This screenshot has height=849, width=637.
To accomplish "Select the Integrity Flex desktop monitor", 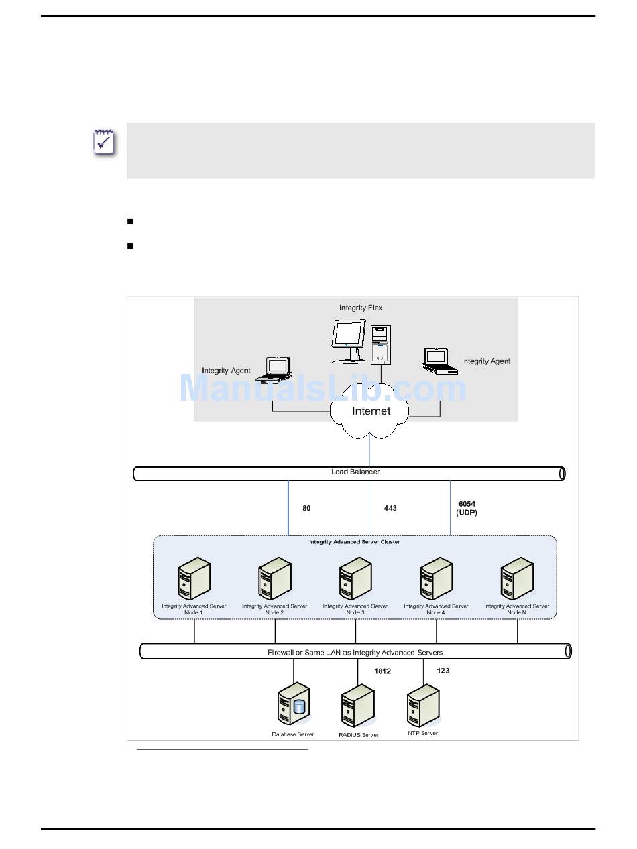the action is pos(349,341).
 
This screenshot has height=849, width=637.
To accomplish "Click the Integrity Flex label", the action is pos(360,308).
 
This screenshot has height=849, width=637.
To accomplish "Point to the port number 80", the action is pos(306,508).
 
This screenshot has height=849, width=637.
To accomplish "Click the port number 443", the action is pos(390,508).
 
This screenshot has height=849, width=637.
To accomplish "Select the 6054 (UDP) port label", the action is pos(466,508).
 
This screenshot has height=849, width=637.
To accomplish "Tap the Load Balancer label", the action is pos(355,472).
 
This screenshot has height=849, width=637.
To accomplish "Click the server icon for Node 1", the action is pos(194,578).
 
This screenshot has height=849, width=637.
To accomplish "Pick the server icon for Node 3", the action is pos(355,578).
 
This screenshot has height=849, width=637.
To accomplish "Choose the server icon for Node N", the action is pos(517,578).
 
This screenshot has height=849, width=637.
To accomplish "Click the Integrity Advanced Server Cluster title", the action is pos(354,542).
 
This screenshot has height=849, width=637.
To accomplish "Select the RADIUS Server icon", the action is pos(358,705).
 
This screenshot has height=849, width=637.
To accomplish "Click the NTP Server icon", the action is pos(423,705).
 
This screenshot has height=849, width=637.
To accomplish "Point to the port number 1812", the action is pos(382,671).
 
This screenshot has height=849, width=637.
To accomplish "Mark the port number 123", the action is pos(443,671).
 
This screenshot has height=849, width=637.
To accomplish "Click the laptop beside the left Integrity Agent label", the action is pos(273,370).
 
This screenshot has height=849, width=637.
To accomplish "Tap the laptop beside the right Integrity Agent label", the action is pos(440,361).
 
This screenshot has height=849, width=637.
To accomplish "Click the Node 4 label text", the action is pos(436,612).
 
